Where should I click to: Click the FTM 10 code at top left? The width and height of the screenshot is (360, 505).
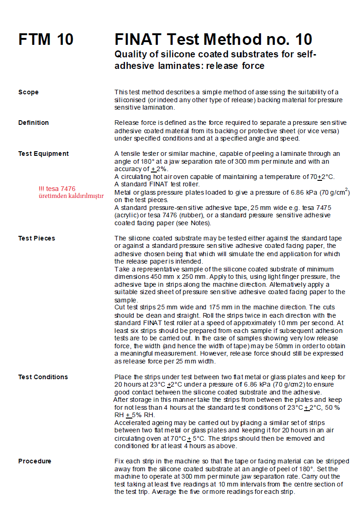pyautogui.click(x=46, y=40)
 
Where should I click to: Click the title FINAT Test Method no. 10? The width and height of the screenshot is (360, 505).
pyautogui.click(x=213, y=39)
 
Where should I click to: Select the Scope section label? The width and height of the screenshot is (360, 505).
pyautogui.click(x=28, y=92)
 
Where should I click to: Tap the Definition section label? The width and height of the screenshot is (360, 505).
pyautogui.click(x=33, y=123)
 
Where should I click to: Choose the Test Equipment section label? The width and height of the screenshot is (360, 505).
pyautogui.click(x=43, y=154)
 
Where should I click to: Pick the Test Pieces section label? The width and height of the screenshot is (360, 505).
pyautogui.click(x=37, y=238)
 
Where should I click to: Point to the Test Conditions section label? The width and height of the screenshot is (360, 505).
pyautogui.click(x=43, y=377)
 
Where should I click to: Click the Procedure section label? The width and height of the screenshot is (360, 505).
pyautogui.click(x=35, y=461)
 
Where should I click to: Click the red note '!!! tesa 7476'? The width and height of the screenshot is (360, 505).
pyautogui.click(x=57, y=189)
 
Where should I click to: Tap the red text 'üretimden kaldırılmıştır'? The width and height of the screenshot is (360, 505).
pyautogui.click(x=71, y=196)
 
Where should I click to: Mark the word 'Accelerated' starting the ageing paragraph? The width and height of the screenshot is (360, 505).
pyautogui.click(x=132, y=423)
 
